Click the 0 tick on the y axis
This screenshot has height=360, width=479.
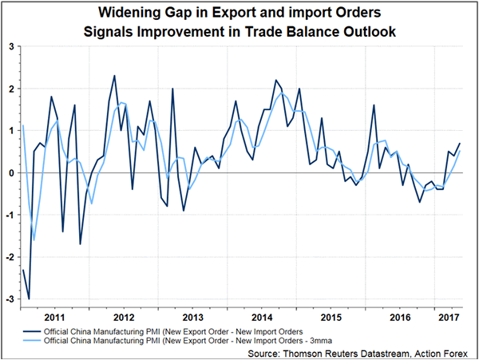coord(12,172)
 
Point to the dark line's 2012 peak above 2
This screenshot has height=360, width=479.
coord(114,76)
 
